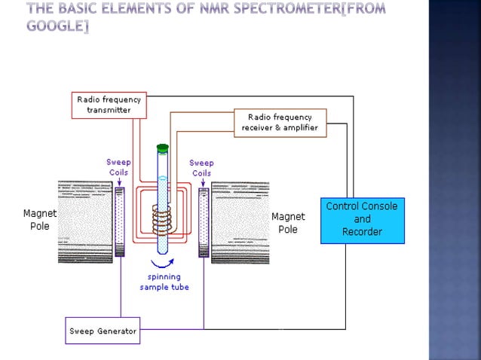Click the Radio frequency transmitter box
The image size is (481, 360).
tap(109, 105)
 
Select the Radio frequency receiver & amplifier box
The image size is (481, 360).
tap(280, 123)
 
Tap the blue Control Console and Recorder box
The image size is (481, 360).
tap(362, 219)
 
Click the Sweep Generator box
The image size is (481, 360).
tap(103, 331)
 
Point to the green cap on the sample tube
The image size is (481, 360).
tap(162, 148)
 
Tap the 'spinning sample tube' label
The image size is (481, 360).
tap(164, 282)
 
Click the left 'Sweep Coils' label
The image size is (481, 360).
tap(118, 167)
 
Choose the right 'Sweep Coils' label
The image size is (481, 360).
tap(201, 167)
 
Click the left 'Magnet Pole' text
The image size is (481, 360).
tap(39, 219)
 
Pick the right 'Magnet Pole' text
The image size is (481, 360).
tap(288, 223)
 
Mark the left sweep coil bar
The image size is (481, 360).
tap(119, 223)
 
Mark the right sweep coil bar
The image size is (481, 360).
tap(203, 223)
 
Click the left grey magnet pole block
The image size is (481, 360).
tap(84, 221)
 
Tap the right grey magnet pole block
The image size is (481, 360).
tap(239, 221)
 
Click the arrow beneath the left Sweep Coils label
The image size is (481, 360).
tap(119, 182)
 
